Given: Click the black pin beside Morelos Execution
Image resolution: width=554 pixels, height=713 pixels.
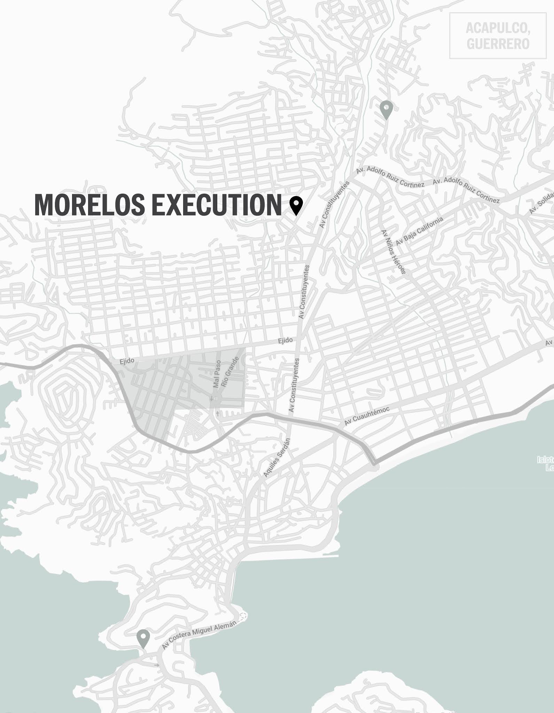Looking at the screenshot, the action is pos(296,205).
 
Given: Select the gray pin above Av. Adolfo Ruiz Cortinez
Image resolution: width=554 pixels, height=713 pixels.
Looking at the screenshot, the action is pos(386,109).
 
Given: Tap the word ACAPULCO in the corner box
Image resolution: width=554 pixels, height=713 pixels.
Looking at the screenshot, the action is pos(498,29).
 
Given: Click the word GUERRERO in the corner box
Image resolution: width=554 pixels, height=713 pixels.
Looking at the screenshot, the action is pos(498,44).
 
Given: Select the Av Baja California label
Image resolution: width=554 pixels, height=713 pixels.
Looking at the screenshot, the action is pos(420,231).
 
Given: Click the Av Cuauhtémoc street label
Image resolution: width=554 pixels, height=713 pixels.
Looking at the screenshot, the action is pos(367,416).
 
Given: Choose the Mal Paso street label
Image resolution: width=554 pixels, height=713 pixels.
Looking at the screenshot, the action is pos(217,374).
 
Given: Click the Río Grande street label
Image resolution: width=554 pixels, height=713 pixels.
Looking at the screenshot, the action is pos(231,371).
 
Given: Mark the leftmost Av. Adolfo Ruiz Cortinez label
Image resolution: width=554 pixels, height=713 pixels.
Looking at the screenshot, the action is pos(390,178).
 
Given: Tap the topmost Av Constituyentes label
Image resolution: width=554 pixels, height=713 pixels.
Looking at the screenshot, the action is pos(334,205).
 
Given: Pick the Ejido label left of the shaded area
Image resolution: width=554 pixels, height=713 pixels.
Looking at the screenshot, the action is pos(127,361).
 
